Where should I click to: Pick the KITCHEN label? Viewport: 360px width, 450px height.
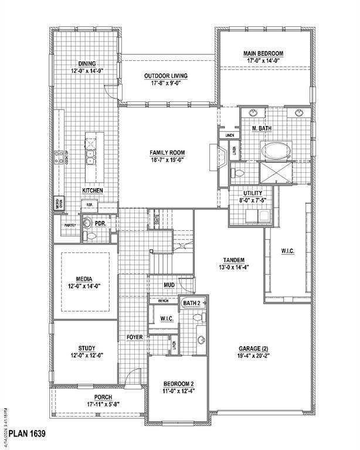(93, 191)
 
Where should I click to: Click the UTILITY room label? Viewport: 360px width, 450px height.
(253, 193)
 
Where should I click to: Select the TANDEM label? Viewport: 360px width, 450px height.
(233, 260)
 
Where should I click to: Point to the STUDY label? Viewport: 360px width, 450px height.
(87, 348)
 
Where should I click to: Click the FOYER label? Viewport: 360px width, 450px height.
(135, 337)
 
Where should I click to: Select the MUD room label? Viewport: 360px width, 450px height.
(169, 285)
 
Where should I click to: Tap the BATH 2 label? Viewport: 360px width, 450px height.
(191, 303)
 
